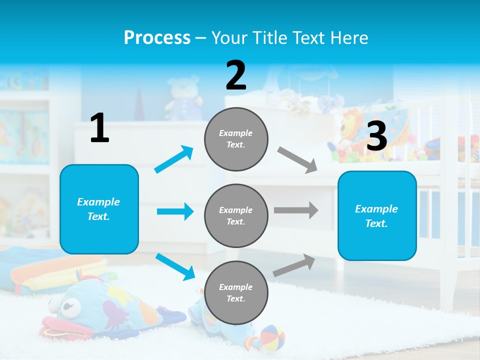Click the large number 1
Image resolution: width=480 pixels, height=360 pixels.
pyautogui.click(x=99, y=128)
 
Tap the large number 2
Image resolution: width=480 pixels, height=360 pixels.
pyautogui.click(x=236, y=75)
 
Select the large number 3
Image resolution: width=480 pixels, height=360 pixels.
pyautogui.click(x=376, y=136)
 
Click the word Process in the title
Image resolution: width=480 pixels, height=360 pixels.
pyautogui.click(x=157, y=37)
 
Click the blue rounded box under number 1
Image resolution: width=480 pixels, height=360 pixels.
pyautogui.click(x=99, y=209)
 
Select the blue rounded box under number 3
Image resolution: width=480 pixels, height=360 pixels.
pyautogui.click(x=377, y=215)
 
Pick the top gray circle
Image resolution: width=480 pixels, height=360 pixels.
pyautogui.click(x=236, y=139)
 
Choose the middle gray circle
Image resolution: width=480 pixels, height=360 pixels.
pyautogui.click(x=236, y=215)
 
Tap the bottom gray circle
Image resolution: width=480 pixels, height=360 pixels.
pyautogui.click(x=236, y=292)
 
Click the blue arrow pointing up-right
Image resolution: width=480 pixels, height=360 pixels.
pyautogui.click(x=174, y=159)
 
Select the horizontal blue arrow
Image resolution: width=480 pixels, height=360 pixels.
pyautogui.click(x=175, y=211)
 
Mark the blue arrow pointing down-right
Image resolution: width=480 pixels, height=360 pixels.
pyautogui.click(x=175, y=266)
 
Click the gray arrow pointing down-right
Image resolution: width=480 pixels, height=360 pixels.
pyautogui.click(x=297, y=159)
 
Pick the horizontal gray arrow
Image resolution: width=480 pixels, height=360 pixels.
pyautogui.click(x=296, y=210)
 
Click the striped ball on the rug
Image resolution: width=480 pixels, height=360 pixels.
pyautogui.click(x=272, y=336)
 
